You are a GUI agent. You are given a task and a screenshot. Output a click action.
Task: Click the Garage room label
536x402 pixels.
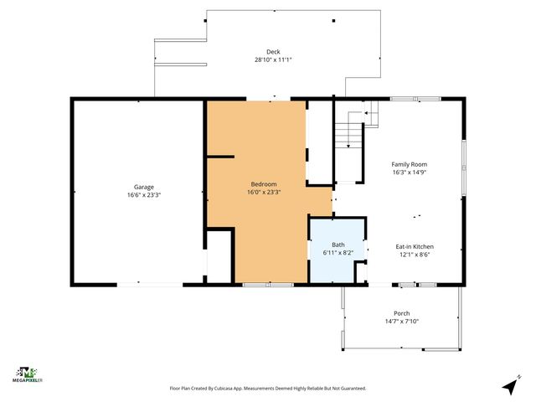(x=144, y=187)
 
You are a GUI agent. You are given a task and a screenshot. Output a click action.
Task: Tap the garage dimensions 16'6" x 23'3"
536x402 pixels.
(x=144, y=194)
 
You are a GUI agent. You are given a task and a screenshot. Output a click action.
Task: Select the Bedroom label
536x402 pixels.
(x=264, y=184)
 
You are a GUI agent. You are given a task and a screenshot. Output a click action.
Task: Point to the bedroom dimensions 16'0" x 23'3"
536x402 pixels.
(x=264, y=192)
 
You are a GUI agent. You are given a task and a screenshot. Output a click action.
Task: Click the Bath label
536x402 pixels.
(x=338, y=245)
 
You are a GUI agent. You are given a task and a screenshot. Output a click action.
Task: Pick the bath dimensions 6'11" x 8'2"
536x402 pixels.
(x=338, y=252)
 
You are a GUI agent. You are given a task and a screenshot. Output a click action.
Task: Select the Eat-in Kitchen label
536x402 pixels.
(x=415, y=247)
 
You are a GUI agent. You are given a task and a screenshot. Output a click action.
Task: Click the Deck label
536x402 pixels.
(x=273, y=52)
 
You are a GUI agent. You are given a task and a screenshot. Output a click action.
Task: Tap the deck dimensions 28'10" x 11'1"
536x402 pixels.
(x=273, y=59)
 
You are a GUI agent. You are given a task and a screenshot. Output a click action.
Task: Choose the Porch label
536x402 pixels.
(x=402, y=313)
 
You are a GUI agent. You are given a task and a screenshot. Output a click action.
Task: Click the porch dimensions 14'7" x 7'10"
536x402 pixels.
(x=402, y=321)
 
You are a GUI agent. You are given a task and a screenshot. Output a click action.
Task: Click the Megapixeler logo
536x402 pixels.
(x=29, y=374)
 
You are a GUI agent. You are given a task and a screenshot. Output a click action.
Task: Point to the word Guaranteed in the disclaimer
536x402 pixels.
(x=351, y=389)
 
